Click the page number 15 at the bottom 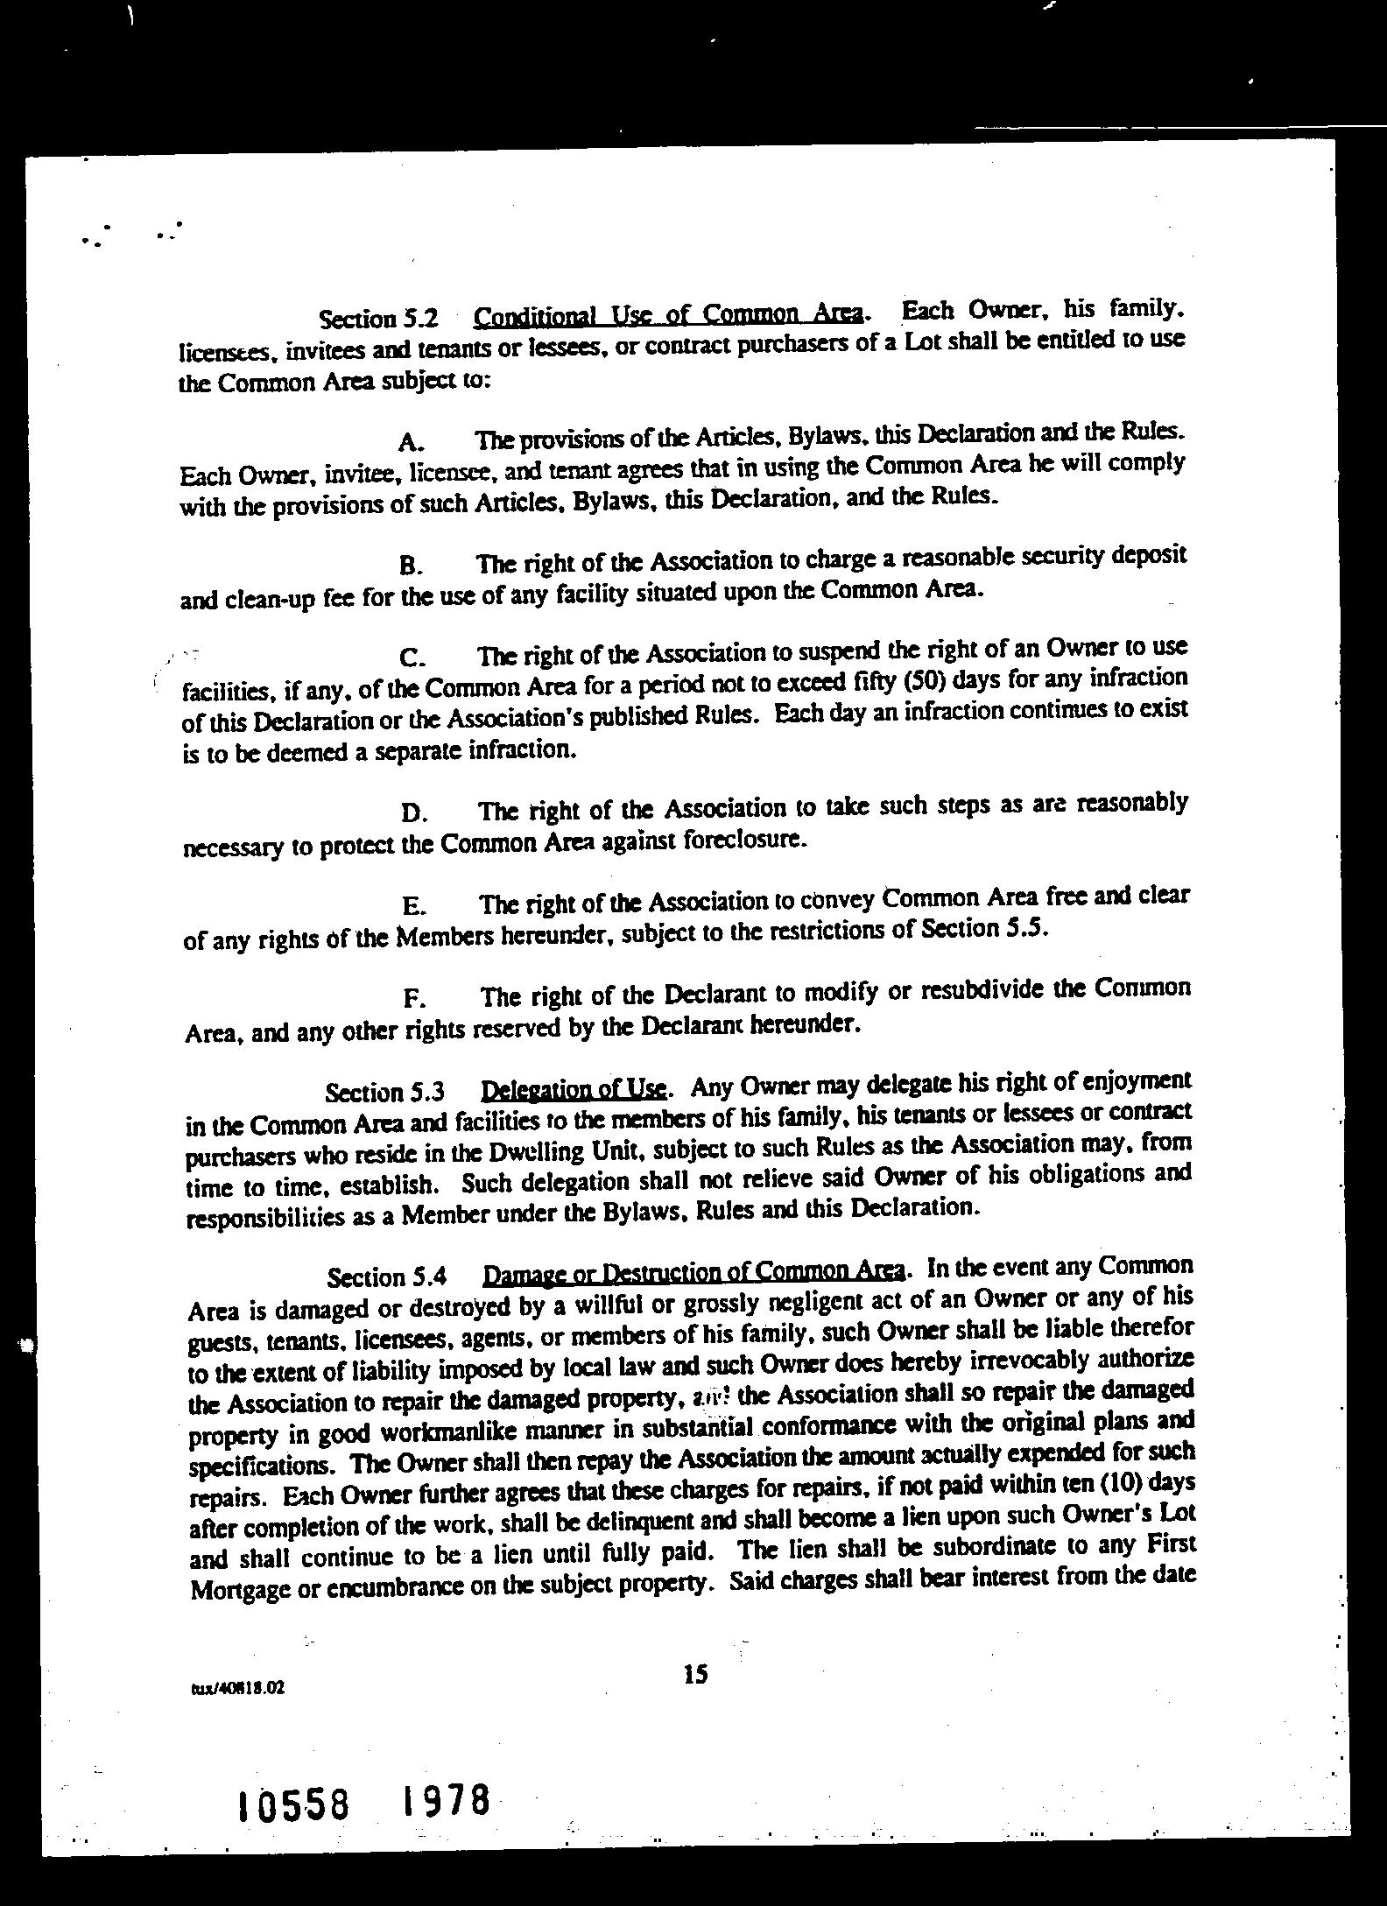[695, 1674]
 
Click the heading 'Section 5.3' [385, 1093]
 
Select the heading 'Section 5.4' [387, 1277]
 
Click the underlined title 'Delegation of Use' [574, 1090]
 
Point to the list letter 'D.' [413, 814]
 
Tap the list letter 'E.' [413, 906]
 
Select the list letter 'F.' [414, 999]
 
